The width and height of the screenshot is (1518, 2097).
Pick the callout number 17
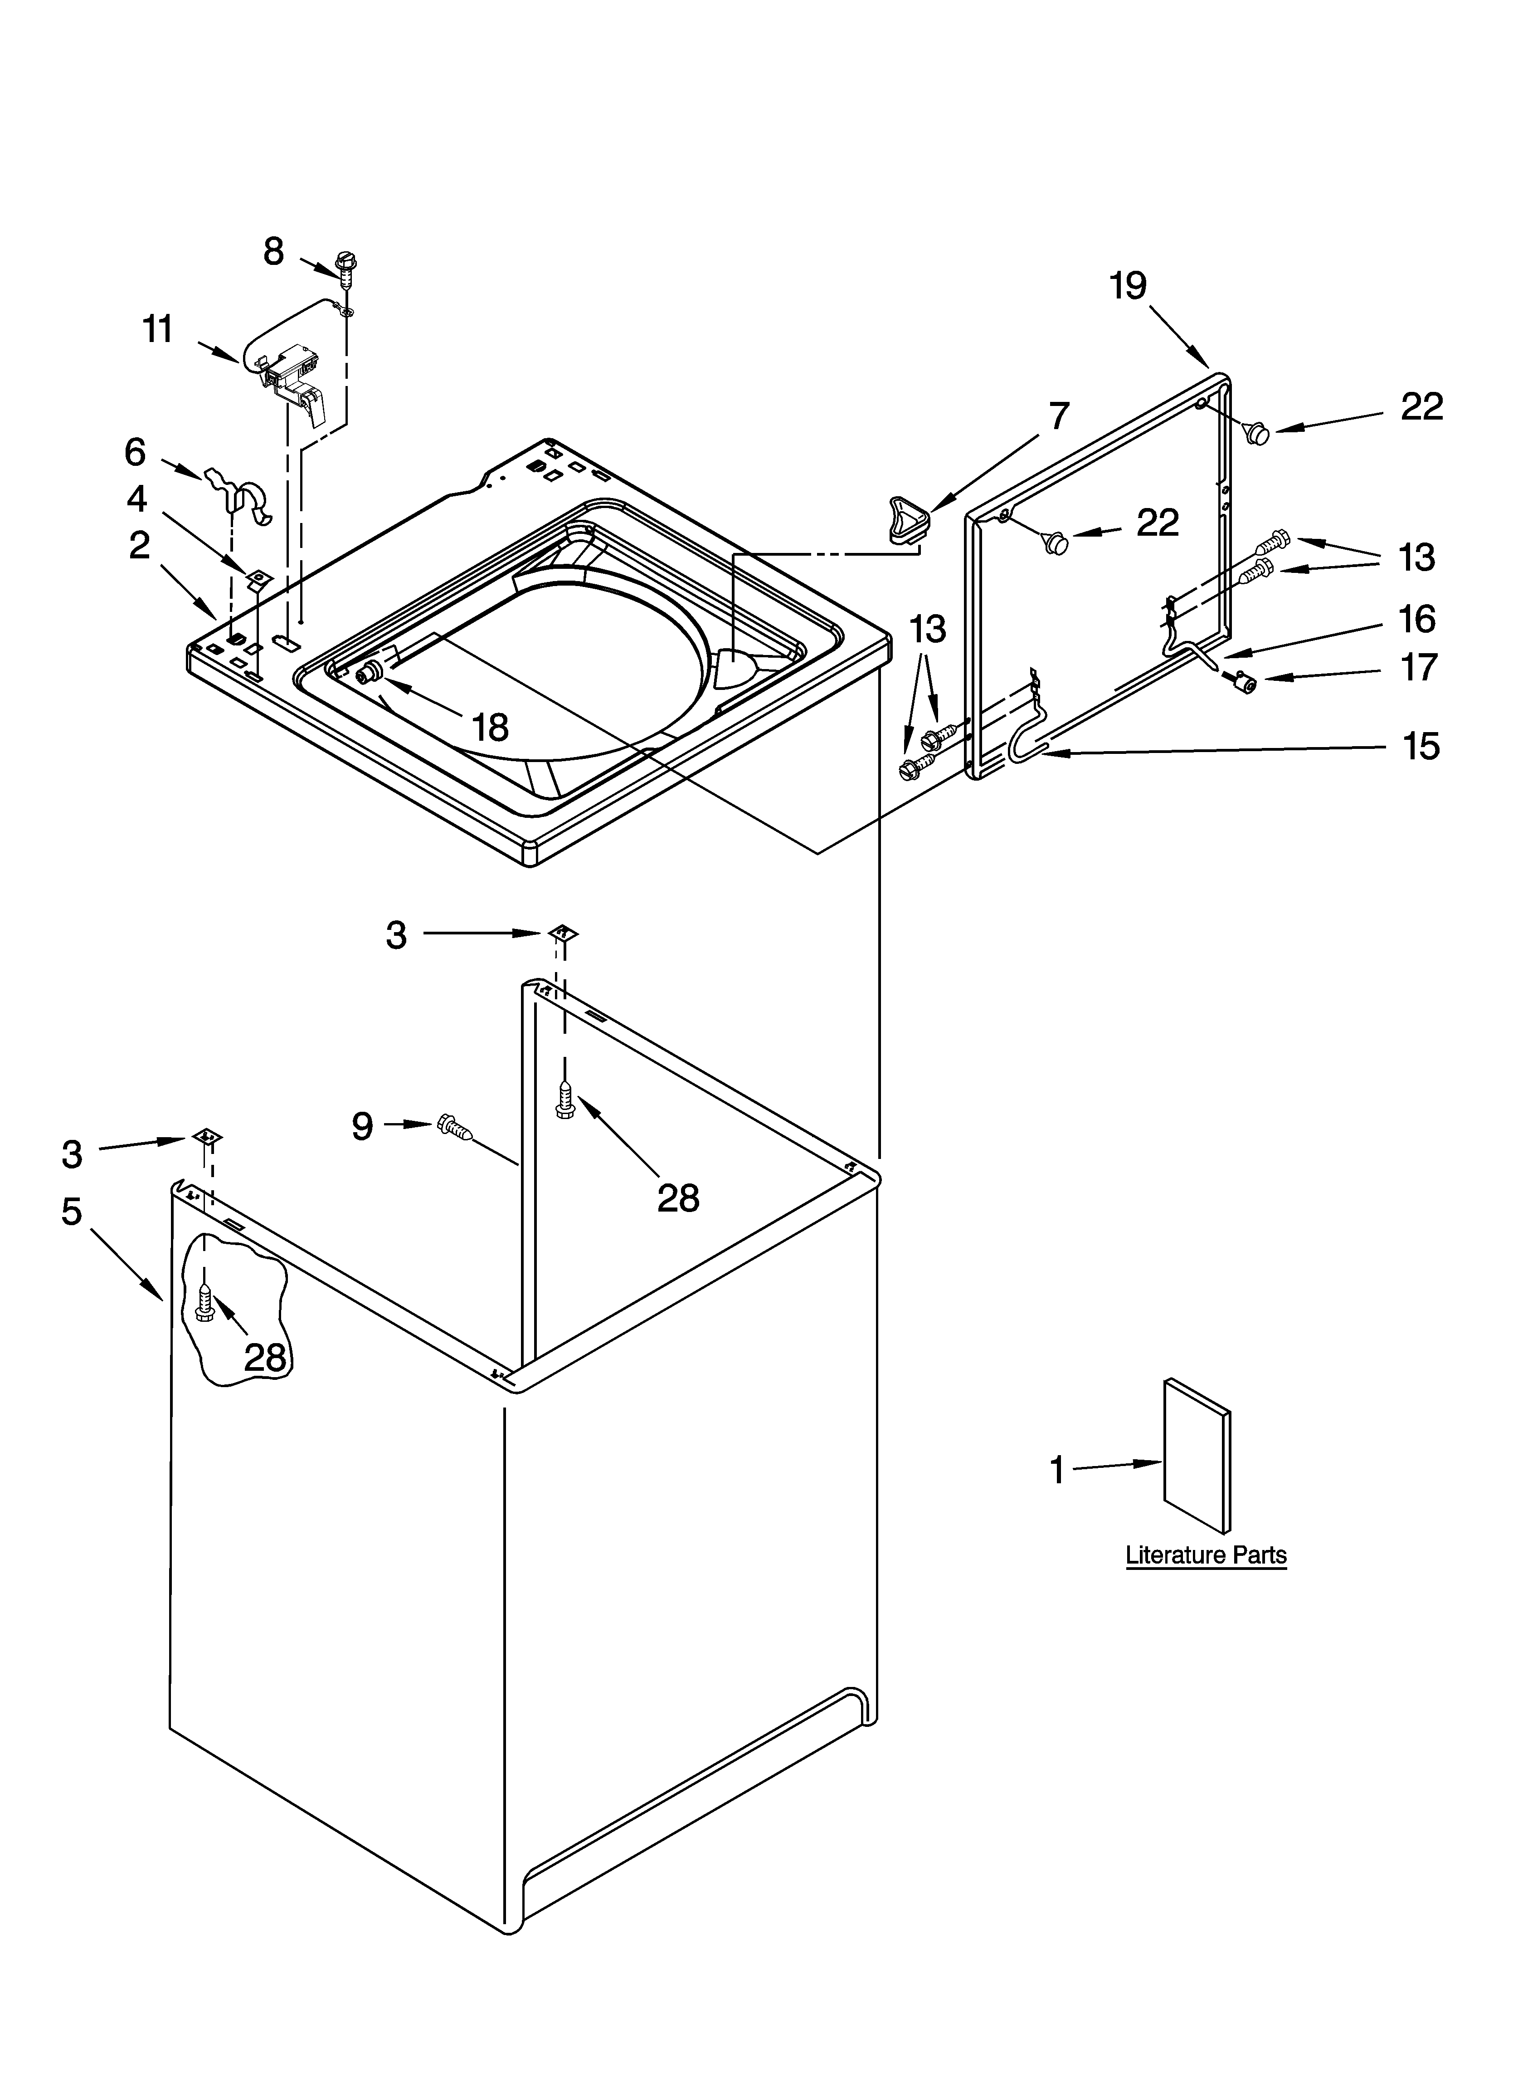1419,667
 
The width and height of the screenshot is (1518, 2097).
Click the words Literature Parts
1206,1555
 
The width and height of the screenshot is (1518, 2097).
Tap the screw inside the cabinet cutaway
205,1305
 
